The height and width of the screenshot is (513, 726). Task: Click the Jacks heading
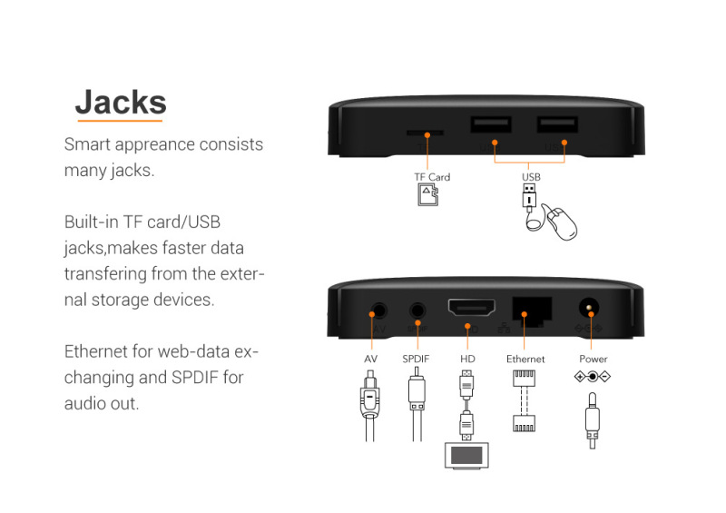point(121,103)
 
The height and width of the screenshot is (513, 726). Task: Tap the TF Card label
point(432,177)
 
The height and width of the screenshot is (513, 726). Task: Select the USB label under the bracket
point(531,177)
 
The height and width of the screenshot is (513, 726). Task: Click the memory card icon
point(427,194)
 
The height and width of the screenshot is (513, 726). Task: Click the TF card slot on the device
point(425,133)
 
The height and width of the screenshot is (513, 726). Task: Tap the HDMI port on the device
point(471,307)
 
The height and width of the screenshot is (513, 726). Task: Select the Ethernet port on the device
point(532,310)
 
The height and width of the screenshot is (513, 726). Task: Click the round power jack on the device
point(589,307)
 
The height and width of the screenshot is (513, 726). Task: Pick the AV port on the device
point(379,311)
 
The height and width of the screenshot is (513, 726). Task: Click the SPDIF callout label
point(416,359)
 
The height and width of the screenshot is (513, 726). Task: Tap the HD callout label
point(467,359)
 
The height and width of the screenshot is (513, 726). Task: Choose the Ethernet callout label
point(525,359)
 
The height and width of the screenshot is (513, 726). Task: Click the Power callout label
point(594,359)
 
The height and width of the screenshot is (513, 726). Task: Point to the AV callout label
point(370,359)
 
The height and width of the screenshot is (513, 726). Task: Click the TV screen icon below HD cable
point(466,455)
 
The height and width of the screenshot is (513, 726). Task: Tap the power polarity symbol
point(593,377)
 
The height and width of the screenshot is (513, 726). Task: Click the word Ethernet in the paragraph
point(96,351)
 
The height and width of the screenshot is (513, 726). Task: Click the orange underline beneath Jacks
point(120,121)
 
